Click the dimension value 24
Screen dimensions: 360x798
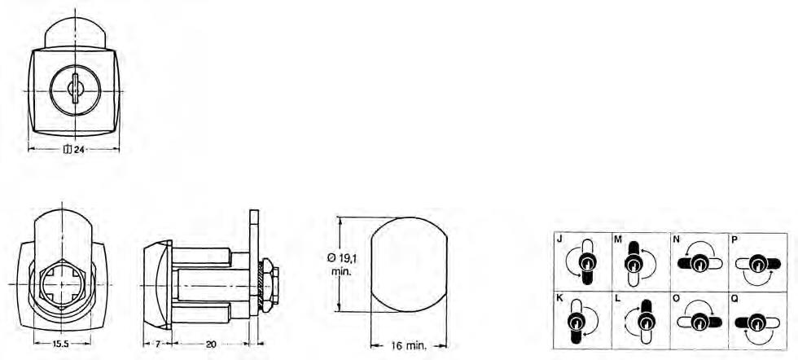click(x=78, y=150)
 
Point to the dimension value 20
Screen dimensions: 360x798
click(x=211, y=345)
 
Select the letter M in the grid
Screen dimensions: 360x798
click(x=618, y=239)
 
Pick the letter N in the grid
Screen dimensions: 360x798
click(x=677, y=239)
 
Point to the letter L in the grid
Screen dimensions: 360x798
click(x=618, y=299)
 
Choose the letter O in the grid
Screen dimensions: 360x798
click(x=677, y=299)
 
